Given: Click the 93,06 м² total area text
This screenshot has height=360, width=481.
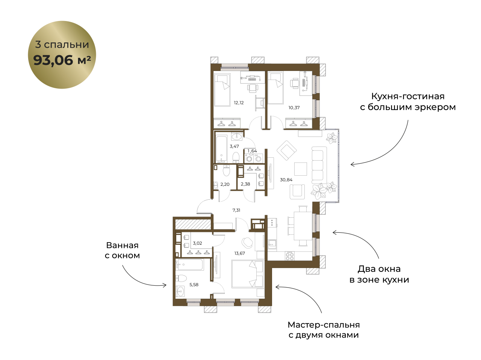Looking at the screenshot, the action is [x=62, y=60].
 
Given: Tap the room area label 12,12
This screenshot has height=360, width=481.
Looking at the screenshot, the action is [x=239, y=102].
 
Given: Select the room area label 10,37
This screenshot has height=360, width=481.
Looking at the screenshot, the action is [x=294, y=108].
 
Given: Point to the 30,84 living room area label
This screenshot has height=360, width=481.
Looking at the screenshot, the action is [x=286, y=180].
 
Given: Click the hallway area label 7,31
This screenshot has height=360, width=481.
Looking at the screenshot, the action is [x=236, y=210].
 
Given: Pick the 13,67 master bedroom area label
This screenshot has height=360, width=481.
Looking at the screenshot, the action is [x=239, y=253].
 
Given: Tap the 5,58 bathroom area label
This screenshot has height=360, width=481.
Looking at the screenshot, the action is [x=194, y=285].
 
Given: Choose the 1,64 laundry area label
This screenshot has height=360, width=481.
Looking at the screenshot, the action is [x=252, y=151].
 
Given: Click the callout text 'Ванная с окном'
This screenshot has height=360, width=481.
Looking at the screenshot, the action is [x=122, y=250].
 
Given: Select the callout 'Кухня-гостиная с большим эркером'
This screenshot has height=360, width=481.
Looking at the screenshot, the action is [x=408, y=102].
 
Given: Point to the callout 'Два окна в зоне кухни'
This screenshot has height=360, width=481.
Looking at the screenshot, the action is [x=379, y=274].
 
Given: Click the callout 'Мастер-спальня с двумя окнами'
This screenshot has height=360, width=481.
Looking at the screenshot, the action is [x=324, y=330].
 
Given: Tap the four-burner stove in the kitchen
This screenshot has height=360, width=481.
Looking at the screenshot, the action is [x=290, y=256].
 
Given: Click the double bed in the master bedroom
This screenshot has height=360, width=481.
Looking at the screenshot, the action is [x=248, y=274].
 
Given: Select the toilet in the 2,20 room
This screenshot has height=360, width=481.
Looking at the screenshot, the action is [x=226, y=170].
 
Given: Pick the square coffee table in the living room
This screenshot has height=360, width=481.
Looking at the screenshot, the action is [x=300, y=169].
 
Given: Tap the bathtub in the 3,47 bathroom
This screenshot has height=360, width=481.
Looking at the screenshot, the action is [x=222, y=149].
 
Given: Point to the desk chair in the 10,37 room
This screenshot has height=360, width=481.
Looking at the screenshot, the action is [x=295, y=83].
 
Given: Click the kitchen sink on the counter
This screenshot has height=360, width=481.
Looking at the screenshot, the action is [x=272, y=244].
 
